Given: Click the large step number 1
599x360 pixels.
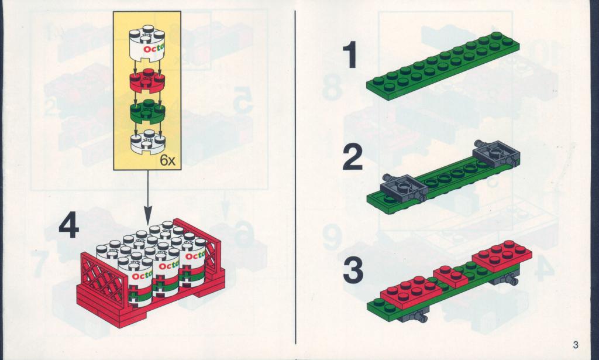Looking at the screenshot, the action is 350,55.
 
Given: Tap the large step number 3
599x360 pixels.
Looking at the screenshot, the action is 353,270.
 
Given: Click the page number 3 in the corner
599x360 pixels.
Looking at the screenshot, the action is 576,345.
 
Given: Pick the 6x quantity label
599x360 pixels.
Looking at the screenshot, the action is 167,161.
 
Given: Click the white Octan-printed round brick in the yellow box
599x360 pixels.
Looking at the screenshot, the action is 147,43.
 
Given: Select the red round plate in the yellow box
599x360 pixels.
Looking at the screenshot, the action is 147,80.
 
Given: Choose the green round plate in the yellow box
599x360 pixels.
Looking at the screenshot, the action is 147,111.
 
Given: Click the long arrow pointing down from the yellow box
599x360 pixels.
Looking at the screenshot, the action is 148,198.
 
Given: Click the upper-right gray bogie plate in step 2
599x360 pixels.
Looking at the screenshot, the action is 496,154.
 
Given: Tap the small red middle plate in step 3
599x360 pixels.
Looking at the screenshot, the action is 451,276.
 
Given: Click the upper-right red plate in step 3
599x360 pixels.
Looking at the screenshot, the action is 502,256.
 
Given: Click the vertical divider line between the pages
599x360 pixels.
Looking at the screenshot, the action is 295,178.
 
